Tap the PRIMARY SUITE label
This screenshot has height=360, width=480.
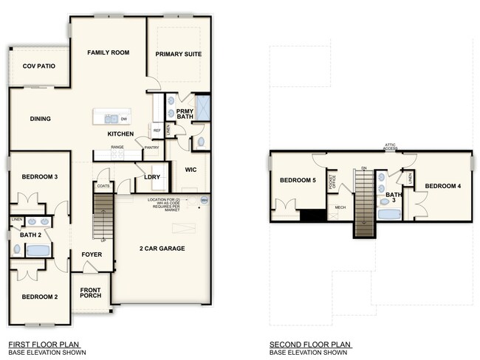pyautogui.click(x=178, y=54)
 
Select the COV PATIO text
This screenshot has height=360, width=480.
pyautogui.click(x=38, y=66)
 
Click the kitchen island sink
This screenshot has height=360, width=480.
pyautogui.click(x=111, y=118)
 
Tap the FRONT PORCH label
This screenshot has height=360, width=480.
pyautogui.click(x=90, y=292)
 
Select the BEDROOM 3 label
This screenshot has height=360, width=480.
pyautogui.click(x=39, y=177)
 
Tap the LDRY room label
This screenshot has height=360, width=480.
pyautogui.click(x=152, y=177)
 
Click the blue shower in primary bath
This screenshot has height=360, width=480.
pyautogui.click(x=202, y=108)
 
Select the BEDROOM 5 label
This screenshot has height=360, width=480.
pyautogui.click(x=298, y=181)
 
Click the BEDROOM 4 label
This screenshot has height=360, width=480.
pyautogui.click(x=442, y=186)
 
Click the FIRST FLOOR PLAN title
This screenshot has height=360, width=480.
pyautogui.click(x=44, y=344)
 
